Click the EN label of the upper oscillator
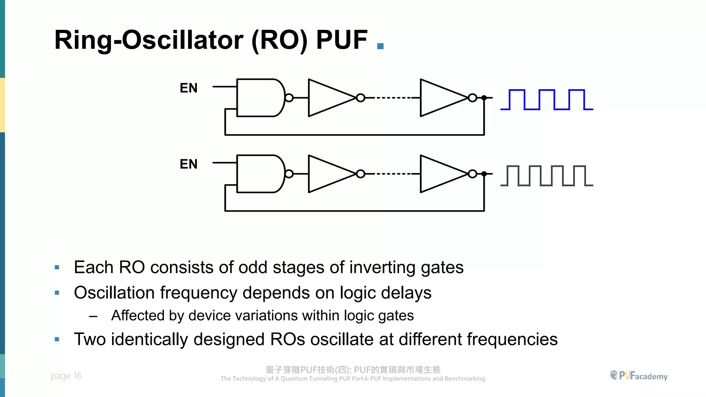click(189, 88)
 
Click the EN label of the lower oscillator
click(189, 164)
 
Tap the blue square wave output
click(546, 100)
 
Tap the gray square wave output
click(546, 176)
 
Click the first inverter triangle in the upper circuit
click(327, 98)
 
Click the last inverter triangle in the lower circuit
click(440, 174)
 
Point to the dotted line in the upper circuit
click(393, 98)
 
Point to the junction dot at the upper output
click(484, 98)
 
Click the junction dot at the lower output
click(484, 174)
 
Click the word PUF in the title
click(342, 40)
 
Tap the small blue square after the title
click(381, 46)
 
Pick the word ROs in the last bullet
click(288, 339)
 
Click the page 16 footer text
click(66, 376)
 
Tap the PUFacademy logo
click(639, 376)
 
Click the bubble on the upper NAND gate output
click(289, 98)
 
